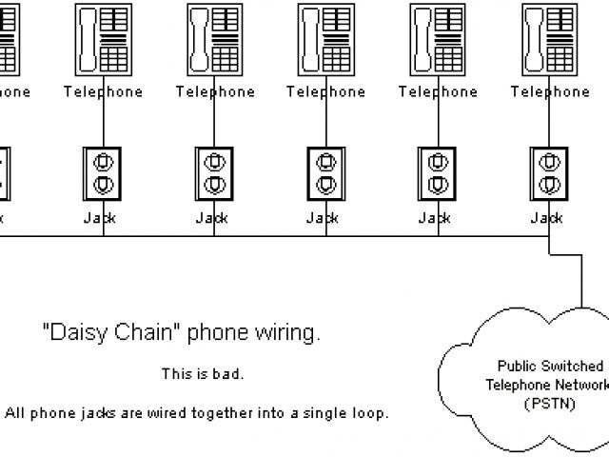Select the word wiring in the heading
click(x=287, y=333)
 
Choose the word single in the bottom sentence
click(x=329, y=414)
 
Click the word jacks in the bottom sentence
click(x=91, y=414)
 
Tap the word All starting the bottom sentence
click(x=15, y=414)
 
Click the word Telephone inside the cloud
click(x=514, y=385)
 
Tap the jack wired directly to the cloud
click(x=547, y=173)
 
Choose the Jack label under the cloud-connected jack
click(x=547, y=218)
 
